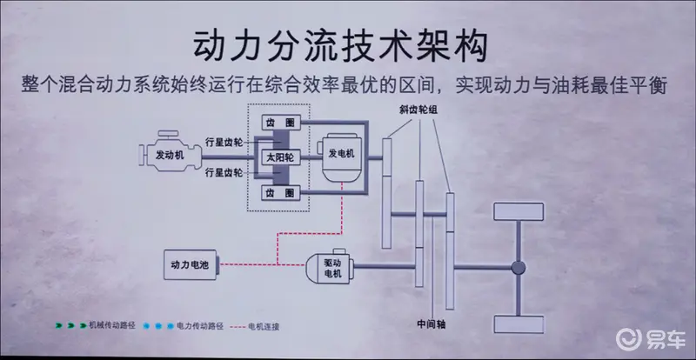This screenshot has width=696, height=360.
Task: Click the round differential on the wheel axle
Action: [519, 267]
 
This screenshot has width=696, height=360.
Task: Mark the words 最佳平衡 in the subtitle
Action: [639, 86]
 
